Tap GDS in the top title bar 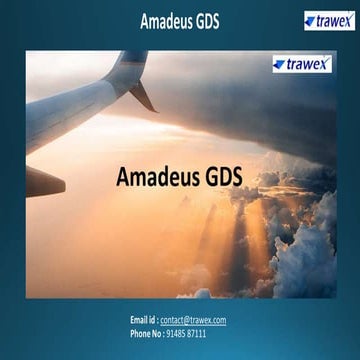[206, 20]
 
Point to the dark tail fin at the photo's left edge [44, 182]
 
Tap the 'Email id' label [143, 320]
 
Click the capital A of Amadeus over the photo [124, 177]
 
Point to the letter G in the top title [196, 20]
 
